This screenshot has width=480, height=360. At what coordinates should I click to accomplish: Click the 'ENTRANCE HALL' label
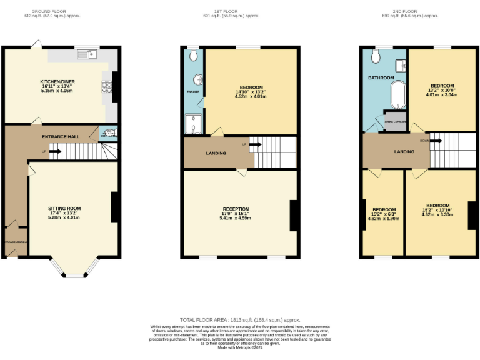[x=61, y=137]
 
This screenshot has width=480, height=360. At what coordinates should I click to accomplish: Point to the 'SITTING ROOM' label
[x=66, y=208]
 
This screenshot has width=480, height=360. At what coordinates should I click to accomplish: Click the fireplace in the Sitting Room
[x=115, y=207]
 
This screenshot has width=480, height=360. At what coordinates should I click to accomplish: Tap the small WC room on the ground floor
[x=108, y=132]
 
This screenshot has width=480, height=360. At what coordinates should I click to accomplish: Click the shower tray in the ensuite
[x=194, y=126]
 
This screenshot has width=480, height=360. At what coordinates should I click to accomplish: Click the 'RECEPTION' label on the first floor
[x=236, y=209]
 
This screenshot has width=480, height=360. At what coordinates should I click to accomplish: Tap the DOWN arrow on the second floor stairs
[x=434, y=141]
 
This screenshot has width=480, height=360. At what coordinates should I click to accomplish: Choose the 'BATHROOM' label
[x=381, y=77]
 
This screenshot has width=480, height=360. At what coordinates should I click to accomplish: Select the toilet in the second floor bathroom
[x=376, y=57]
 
